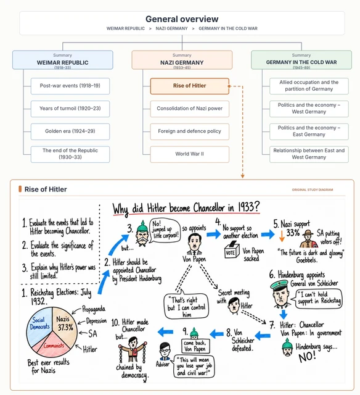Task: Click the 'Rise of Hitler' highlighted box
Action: pyautogui.click(x=190, y=86)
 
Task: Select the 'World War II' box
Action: pyautogui.click(x=190, y=154)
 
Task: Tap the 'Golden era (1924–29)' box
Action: pyautogui.click(x=70, y=131)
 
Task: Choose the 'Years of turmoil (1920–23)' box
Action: pyautogui.click(x=70, y=109)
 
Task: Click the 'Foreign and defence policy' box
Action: pyautogui.click(x=190, y=131)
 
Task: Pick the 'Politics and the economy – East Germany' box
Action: pyautogui.click(x=309, y=131)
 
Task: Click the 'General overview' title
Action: pyautogui.click(x=182, y=19)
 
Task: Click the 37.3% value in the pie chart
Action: pyautogui.click(x=65, y=327)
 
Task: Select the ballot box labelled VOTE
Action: pyautogui.click(x=231, y=250)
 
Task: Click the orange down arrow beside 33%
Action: pyautogui.click(x=282, y=236)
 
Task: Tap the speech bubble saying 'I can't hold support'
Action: pyautogui.click(x=317, y=298)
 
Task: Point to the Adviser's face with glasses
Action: pyautogui.click(x=165, y=349)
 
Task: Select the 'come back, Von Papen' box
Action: pyautogui.click(x=195, y=346)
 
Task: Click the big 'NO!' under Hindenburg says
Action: pyautogui.click(x=307, y=356)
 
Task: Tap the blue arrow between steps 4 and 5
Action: pyautogui.click(x=268, y=234)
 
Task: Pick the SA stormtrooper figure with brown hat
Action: pyautogui.click(x=308, y=239)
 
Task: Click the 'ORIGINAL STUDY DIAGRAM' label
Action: pyautogui.click(x=313, y=189)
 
